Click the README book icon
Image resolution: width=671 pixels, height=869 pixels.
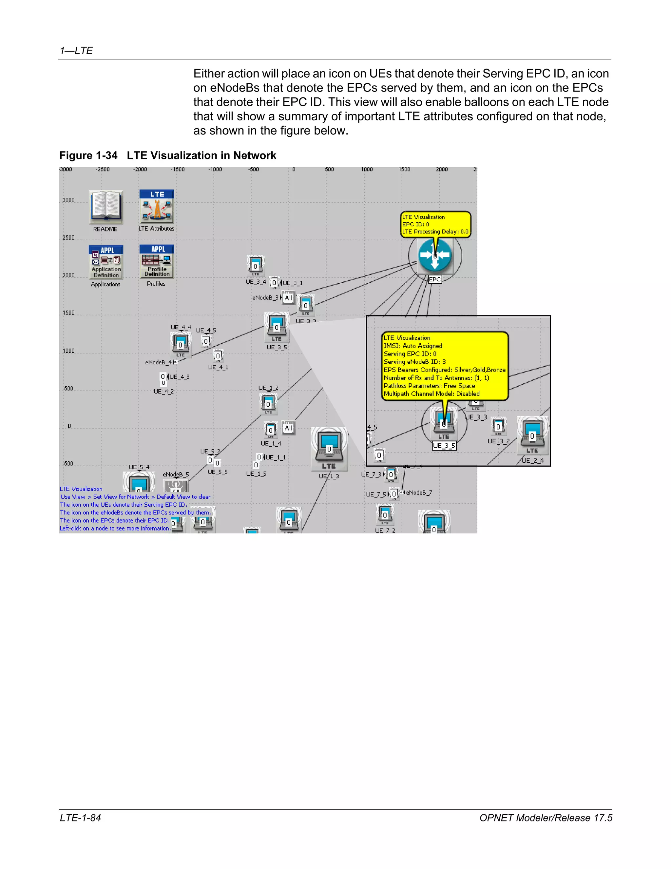click(106, 207)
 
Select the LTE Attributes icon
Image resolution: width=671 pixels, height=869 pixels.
click(157, 207)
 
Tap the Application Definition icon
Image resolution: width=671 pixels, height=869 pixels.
click(106, 262)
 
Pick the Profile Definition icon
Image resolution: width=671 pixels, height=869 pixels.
click(157, 261)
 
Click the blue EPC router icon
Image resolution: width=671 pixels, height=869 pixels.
click(435, 255)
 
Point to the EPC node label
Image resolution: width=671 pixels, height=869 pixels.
click(435, 279)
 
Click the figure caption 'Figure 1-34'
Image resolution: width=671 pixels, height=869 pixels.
click(88, 155)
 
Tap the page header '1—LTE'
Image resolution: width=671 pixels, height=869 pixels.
click(76, 51)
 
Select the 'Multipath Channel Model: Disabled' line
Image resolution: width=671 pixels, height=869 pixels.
click(431, 394)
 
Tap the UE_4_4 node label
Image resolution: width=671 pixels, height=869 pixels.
click(181, 327)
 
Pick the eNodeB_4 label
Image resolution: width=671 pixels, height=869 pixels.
click(159, 362)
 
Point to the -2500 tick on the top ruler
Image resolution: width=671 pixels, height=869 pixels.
click(103, 170)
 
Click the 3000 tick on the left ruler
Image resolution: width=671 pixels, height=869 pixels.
click(68, 200)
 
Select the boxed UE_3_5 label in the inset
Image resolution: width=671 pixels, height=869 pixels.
click(444, 446)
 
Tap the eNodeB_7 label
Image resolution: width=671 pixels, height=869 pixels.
click(419, 493)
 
